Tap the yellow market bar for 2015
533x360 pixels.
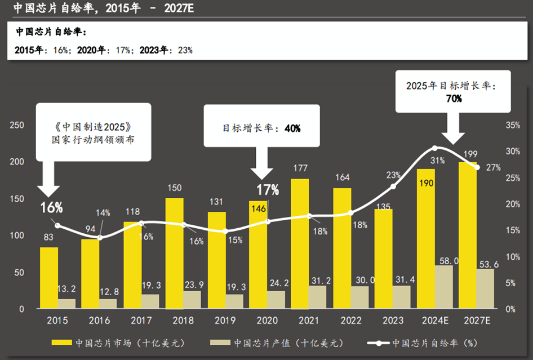coord(49,278)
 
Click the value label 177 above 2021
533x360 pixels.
coord(300,168)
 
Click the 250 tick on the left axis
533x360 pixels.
coord(17,125)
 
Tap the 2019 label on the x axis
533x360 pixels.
coord(225,321)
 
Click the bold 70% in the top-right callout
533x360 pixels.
coord(454,99)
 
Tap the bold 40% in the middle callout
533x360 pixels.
coord(292,128)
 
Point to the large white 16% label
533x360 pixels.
coord(51,208)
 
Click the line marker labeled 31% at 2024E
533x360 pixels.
coord(434,148)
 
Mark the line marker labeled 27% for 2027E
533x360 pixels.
coord(477,167)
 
